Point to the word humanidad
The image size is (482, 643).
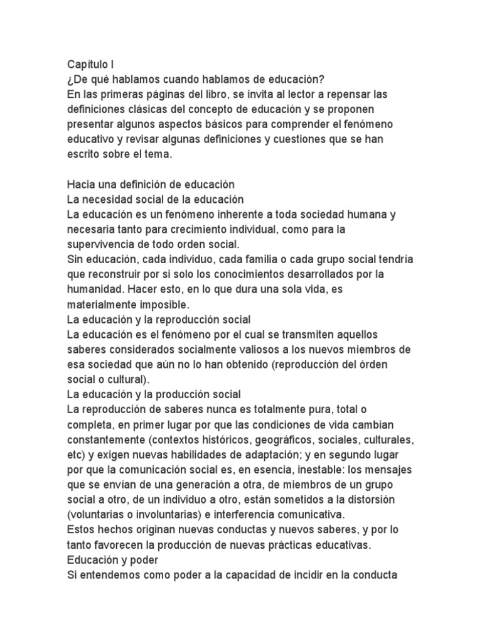[x=94, y=290]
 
